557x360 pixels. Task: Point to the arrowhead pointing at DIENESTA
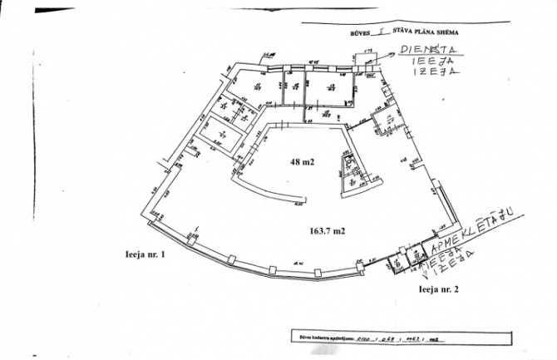pyautogui.click(x=392, y=54)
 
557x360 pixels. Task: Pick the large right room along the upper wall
pyautogui.click(x=329, y=86)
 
